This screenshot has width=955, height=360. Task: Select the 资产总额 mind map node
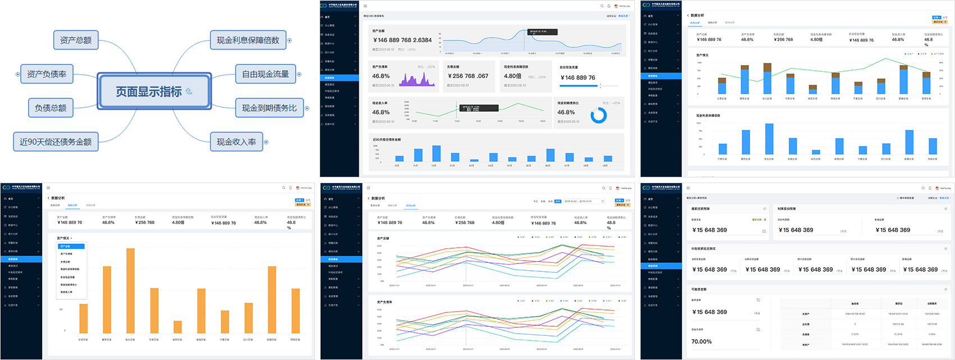[x=76, y=40]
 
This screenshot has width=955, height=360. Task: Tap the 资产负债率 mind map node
[x=47, y=74]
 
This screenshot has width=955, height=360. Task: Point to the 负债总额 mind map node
[x=51, y=108]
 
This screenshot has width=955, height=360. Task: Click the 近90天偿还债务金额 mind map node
[x=56, y=142]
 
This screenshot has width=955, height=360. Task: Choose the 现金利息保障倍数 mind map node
[x=248, y=40]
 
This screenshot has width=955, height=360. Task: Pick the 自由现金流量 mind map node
[x=265, y=74]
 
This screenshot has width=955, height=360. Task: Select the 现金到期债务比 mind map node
[x=269, y=108]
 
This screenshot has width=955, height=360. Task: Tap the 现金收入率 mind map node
[x=236, y=142]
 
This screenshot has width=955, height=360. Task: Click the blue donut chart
[x=598, y=115]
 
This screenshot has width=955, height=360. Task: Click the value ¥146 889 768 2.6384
[x=403, y=40]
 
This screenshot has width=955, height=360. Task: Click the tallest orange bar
[x=130, y=290]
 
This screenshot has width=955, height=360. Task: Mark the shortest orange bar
[x=177, y=327]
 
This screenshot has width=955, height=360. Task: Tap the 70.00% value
[x=701, y=341]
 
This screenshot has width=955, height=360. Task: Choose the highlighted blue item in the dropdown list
[x=71, y=246]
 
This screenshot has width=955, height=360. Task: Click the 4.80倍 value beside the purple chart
[x=513, y=76]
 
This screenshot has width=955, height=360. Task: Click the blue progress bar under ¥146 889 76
[x=580, y=86]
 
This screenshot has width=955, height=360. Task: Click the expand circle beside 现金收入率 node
[x=266, y=142]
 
